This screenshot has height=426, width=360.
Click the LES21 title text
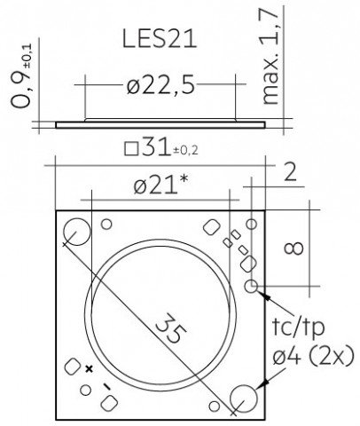coord(160,39)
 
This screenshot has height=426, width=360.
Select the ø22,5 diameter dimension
coord(161,85)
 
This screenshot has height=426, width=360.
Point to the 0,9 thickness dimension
coord(21,78)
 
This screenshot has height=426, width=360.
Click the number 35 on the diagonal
coord(170,327)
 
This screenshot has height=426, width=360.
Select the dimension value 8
coord(293,248)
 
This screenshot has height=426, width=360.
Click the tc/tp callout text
coord(298,327)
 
